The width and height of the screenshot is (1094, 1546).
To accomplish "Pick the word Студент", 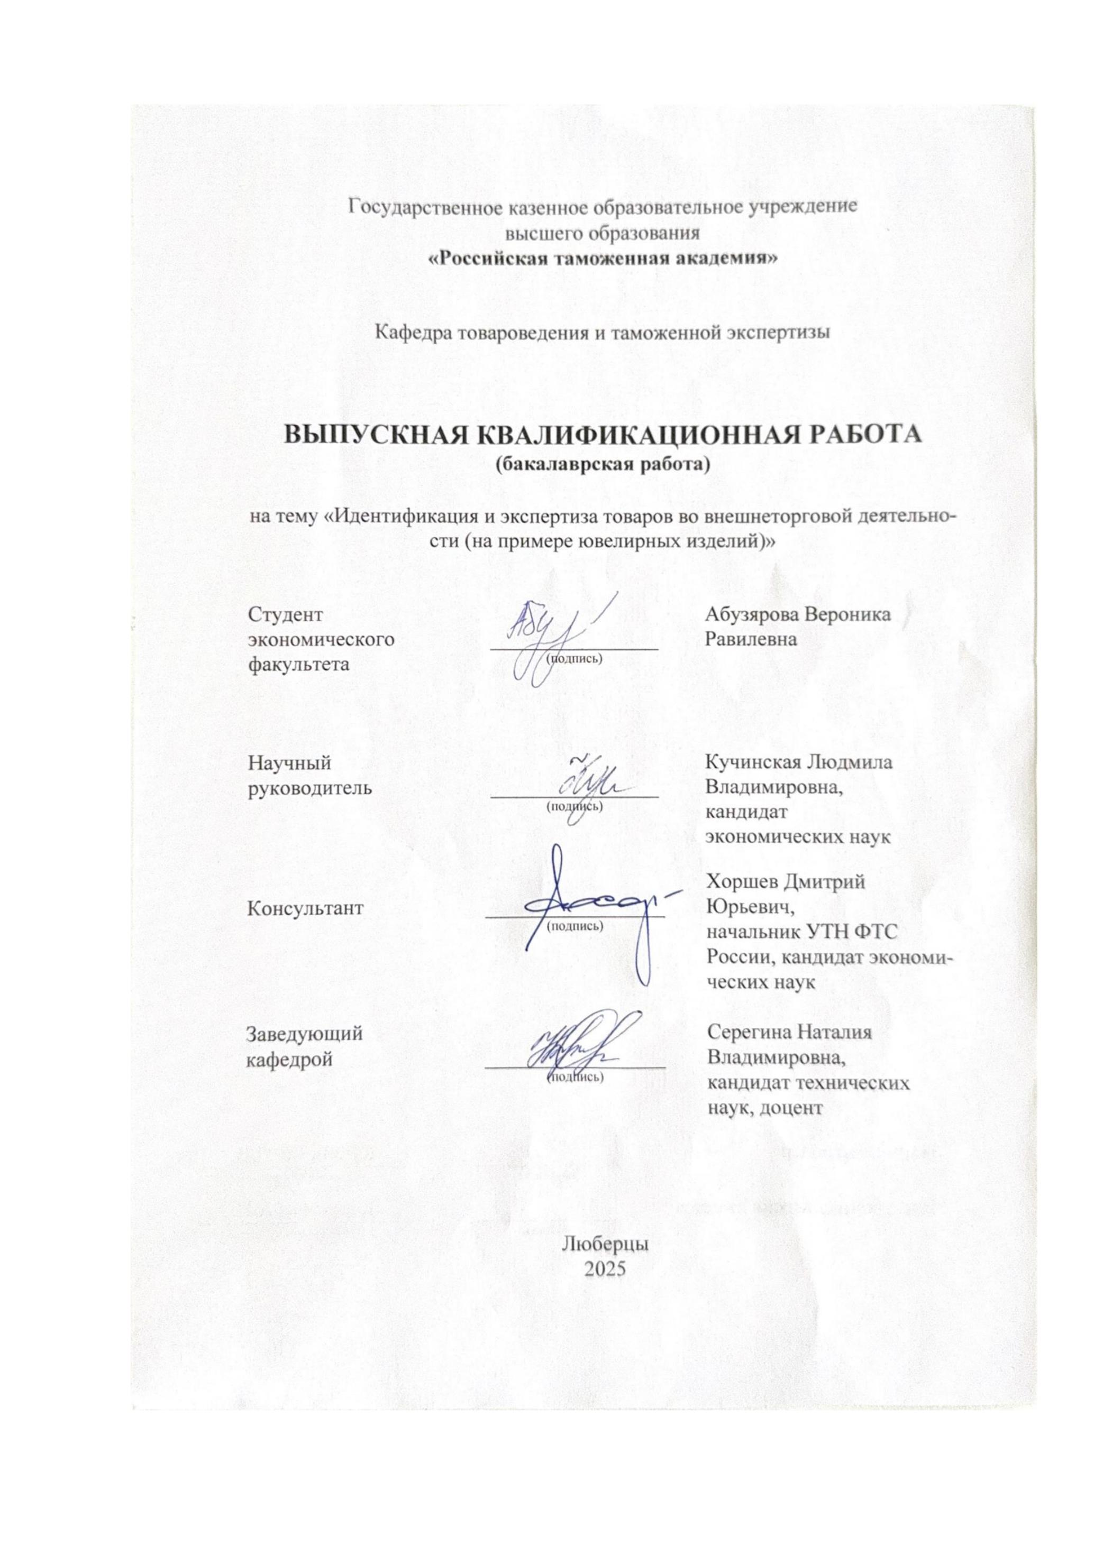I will pos(286,614).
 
